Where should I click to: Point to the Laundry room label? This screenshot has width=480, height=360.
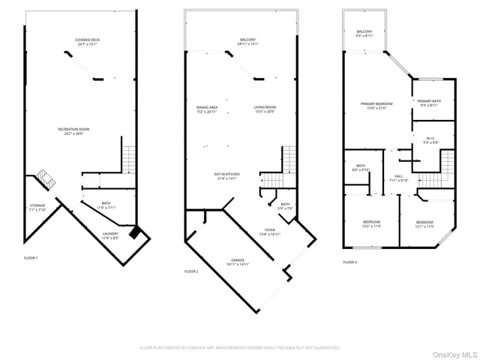[110, 236]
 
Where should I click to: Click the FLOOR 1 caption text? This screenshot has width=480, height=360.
[31, 257]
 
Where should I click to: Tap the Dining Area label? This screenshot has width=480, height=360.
[207, 109]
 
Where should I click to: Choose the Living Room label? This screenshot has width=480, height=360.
[265, 109]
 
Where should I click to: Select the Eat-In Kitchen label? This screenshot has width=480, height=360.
[226, 176]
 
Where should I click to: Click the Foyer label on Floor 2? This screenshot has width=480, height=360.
[269, 232]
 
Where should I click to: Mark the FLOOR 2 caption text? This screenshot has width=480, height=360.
[192, 271]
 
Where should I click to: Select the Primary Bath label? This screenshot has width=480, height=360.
[430, 102]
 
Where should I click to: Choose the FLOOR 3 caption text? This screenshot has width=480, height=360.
[350, 262]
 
